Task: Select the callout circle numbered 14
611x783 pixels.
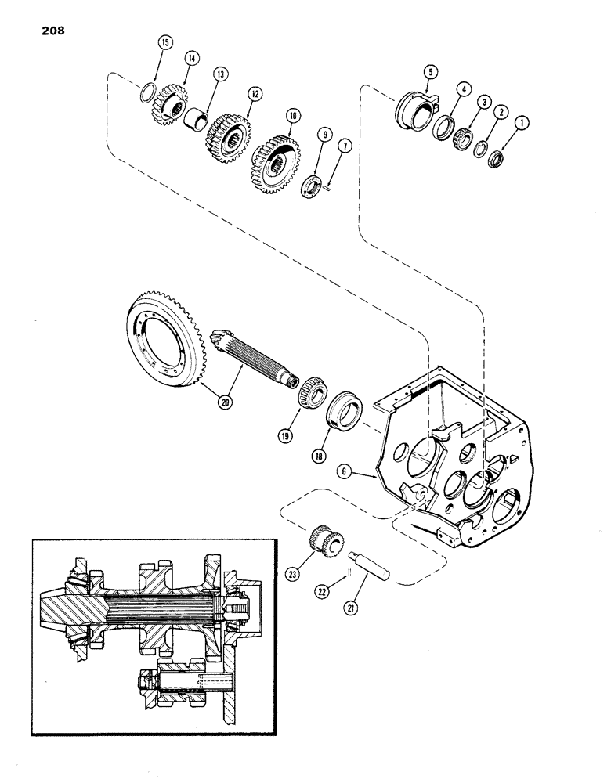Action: click(x=190, y=58)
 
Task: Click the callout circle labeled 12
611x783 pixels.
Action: click(x=252, y=92)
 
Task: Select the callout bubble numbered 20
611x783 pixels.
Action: click(x=226, y=402)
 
